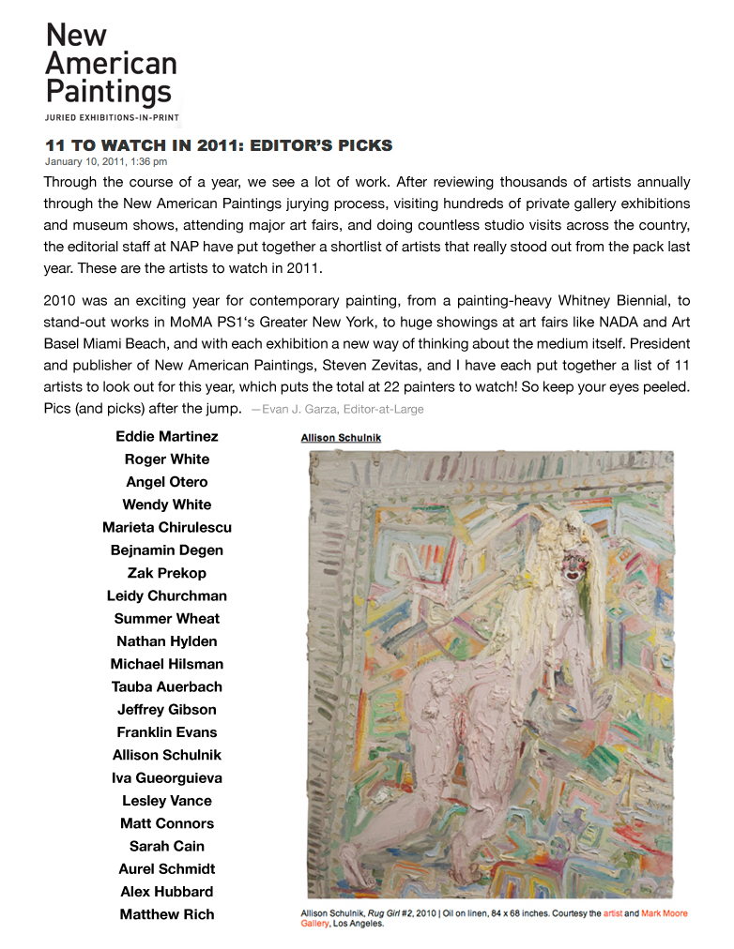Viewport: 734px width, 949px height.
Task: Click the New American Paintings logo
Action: (111, 64)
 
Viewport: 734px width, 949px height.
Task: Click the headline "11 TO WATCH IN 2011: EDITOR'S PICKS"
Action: (219, 145)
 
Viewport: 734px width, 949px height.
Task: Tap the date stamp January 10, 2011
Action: (105, 161)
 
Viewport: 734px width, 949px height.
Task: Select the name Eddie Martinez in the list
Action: (167, 436)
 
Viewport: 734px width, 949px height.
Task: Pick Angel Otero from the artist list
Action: (167, 481)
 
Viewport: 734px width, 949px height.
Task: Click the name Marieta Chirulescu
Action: (167, 527)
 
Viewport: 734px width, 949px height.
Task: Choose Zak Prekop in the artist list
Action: (167, 573)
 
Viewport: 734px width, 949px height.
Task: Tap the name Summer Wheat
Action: (167, 618)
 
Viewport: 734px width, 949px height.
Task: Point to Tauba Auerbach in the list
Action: (167, 686)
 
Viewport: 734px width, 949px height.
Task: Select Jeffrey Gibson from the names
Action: (167, 709)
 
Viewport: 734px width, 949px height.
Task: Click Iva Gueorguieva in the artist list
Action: (167, 777)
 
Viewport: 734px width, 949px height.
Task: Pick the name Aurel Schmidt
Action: (167, 868)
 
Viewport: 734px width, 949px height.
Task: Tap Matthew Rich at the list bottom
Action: (167, 914)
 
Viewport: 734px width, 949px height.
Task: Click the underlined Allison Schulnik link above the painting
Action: (341, 438)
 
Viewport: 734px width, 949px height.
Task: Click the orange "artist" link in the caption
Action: (613, 912)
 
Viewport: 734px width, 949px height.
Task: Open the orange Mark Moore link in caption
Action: (664, 912)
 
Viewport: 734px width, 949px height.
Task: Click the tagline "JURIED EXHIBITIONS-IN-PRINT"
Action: (111, 117)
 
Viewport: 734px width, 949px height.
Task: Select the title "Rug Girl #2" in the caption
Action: (386, 912)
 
